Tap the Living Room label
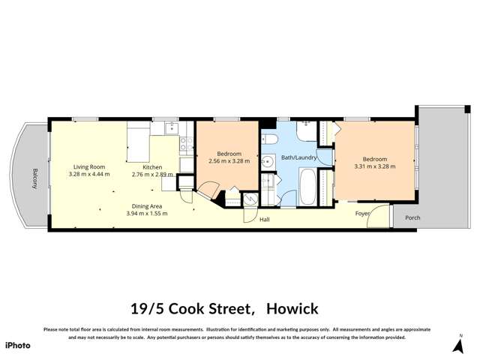pyautogui.click(x=88, y=166)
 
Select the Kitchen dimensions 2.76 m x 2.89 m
pyautogui.click(x=152, y=174)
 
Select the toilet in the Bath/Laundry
pyautogui.click(x=272, y=139)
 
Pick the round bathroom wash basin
pyautogui.click(x=268, y=160)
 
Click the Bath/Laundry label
pyautogui.click(x=298, y=157)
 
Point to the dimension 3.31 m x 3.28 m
pyautogui.click(x=374, y=166)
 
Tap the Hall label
pyautogui.click(x=264, y=220)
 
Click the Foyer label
pyautogui.click(x=363, y=214)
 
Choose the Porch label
pyautogui.click(x=412, y=218)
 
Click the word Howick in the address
pyautogui.click(x=289, y=308)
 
